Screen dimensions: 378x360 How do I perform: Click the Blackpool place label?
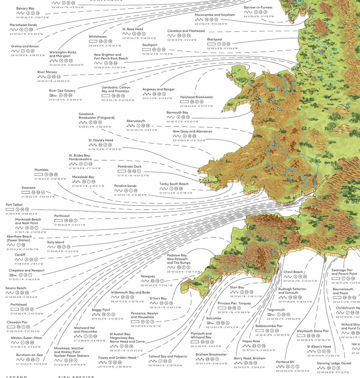[x=215, y=39]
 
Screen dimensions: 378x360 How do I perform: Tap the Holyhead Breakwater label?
[x=196, y=97]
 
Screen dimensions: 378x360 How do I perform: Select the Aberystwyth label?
[x=136, y=121]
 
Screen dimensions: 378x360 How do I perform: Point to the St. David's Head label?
[x=101, y=140]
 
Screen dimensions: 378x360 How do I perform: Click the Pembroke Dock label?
[x=130, y=166]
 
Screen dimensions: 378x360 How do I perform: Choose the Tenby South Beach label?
[x=174, y=184]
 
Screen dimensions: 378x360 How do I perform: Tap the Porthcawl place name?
[x=62, y=216]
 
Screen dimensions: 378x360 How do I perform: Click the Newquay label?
[x=148, y=276]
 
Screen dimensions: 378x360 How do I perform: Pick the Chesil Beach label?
[x=293, y=272]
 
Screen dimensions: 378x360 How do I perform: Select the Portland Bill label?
[x=285, y=362]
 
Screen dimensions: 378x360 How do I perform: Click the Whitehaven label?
[x=98, y=37]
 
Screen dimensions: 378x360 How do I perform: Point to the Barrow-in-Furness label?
[x=258, y=7]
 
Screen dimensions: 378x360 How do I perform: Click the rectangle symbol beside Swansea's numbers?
[x=25, y=192]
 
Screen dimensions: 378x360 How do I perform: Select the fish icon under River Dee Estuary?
[x=52, y=95]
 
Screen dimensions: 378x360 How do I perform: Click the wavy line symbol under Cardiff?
[x=19, y=260]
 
